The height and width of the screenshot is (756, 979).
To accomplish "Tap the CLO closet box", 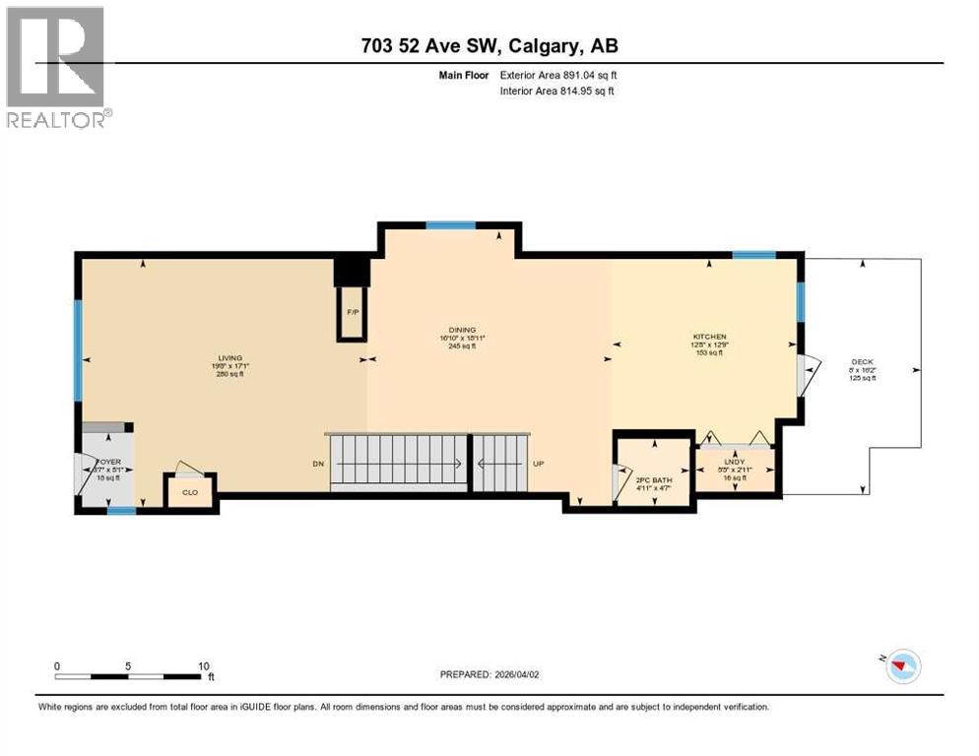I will (189, 492).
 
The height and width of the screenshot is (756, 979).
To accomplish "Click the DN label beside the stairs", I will (317, 464).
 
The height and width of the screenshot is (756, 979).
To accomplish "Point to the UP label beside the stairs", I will (539, 464).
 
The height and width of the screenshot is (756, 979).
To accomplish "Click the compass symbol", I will (901, 666).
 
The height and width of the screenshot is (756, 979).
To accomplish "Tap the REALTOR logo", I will (57, 67).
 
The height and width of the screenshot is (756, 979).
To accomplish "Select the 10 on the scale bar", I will (204, 665).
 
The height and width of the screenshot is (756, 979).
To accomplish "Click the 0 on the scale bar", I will (57, 665).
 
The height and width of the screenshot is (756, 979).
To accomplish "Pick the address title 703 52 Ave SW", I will (489, 45).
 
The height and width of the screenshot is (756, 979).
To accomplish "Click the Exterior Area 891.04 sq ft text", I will (558, 75).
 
